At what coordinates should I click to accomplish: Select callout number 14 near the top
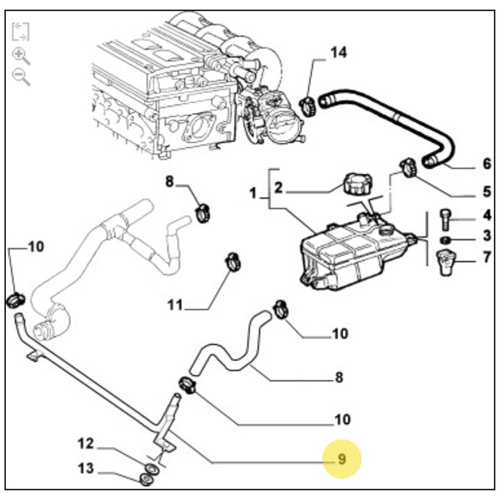click(x=338, y=53)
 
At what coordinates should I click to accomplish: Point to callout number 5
click(x=487, y=192)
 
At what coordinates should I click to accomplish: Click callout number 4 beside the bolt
click(x=487, y=215)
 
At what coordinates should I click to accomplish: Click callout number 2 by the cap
click(x=278, y=188)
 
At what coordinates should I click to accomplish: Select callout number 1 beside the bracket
click(x=253, y=193)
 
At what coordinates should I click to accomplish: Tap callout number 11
click(x=175, y=306)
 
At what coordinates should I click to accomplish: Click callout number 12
click(x=85, y=444)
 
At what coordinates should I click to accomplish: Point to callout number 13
click(x=85, y=469)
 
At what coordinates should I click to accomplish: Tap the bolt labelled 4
click(x=445, y=218)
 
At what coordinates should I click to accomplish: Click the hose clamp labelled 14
click(x=308, y=106)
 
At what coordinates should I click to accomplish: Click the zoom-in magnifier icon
click(x=21, y=55)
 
